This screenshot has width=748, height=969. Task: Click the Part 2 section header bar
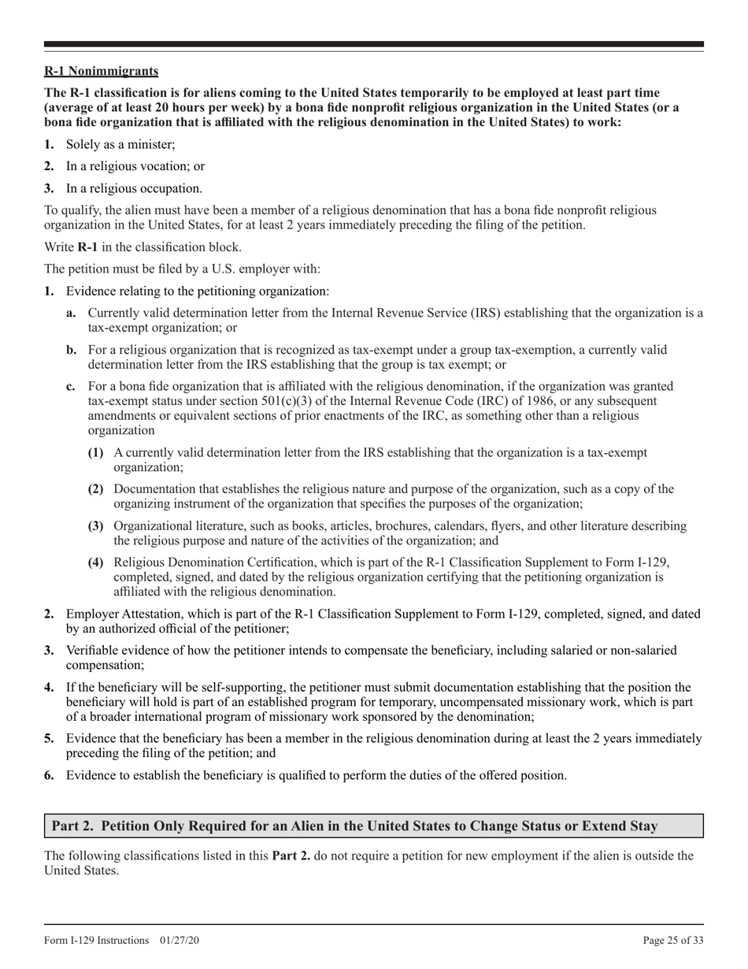coord(373,826)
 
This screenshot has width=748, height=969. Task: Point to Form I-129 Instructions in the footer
coord(96,940)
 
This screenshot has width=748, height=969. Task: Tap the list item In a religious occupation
coord(134,188)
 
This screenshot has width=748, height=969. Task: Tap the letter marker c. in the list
coord(71,387)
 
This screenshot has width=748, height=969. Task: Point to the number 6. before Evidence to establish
coord(49,775)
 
